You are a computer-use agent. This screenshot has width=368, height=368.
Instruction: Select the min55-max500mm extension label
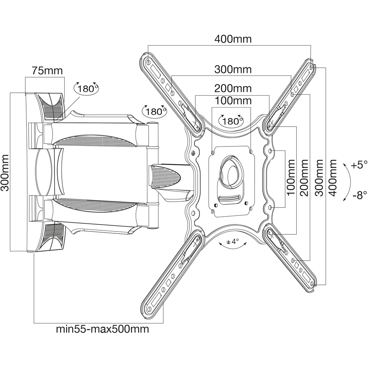(x=102, y=329)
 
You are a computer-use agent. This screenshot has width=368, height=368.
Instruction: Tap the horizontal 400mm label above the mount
(x=233, y=39)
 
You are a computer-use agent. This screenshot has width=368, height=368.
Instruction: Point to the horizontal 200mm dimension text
(x=233, y=89)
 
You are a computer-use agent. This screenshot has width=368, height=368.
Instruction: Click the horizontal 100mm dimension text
(x=233, y=100)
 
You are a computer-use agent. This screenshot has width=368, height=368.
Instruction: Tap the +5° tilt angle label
(x=359, y=165)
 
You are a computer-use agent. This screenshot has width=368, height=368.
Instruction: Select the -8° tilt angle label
(x=359, y=195)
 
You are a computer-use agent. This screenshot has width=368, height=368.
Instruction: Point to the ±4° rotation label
(x=232, y=242)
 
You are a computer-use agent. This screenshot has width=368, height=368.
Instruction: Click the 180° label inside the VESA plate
(x=231, y=121)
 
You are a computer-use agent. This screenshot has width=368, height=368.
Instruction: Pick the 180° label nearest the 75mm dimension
(x=87, y=88)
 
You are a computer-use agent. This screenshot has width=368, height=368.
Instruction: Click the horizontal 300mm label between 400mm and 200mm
(x=233, y=69)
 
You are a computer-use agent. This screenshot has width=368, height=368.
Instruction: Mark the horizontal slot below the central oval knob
(x=231, y=199)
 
